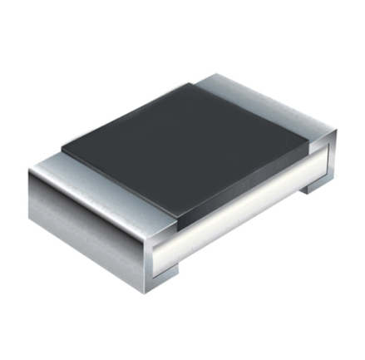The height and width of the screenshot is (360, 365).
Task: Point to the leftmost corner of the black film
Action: [62, 150]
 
